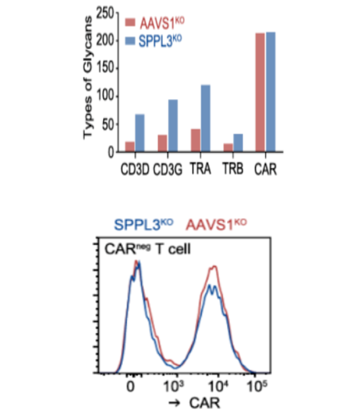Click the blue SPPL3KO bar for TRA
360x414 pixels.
205,119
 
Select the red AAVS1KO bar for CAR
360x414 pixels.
261,93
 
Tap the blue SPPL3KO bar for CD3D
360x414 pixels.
140,133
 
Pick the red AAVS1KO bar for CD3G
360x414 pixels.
162,143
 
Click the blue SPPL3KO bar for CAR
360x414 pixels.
271,92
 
